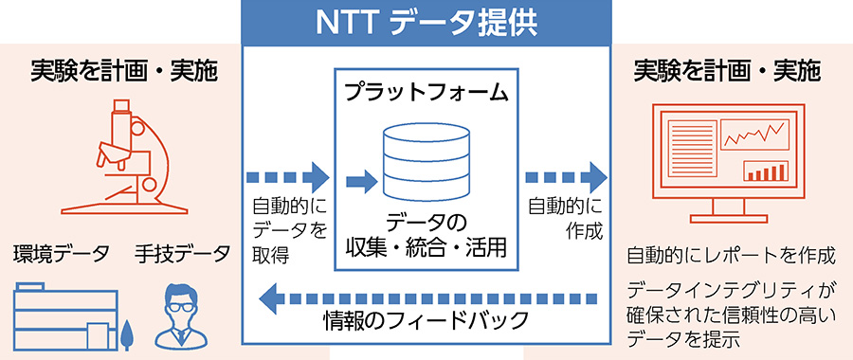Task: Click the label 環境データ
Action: click(x=62, y=253)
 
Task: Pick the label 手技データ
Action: click(x=182, y=253)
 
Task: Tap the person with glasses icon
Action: click(x=182, y=314)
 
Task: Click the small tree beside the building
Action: click(x=127, y=334)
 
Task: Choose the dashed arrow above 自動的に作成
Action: click(x=565, y=177)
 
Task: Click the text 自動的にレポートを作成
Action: click(x=731, y=255)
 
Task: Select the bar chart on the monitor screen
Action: click(x=769, y=171)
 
